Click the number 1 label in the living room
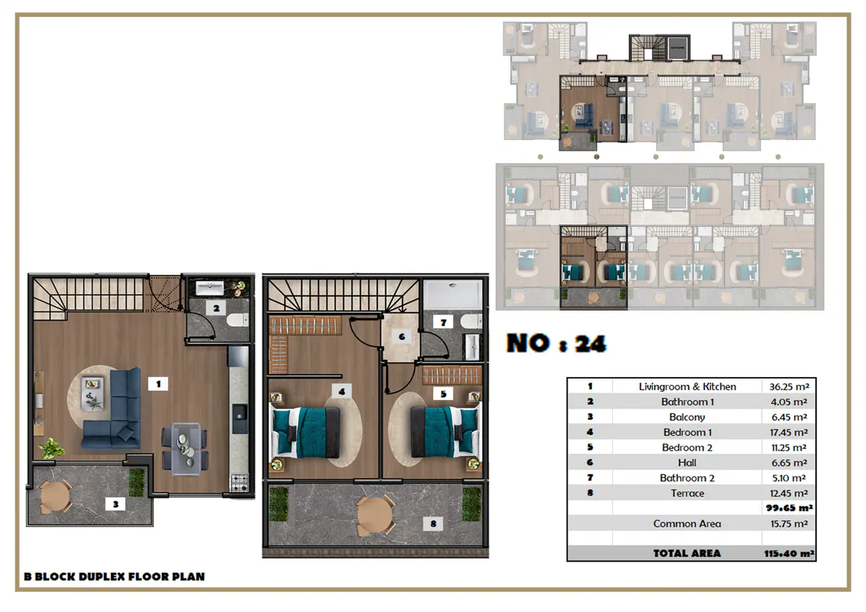158,383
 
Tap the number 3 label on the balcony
116,503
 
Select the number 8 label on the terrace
433,523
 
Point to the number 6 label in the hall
402,337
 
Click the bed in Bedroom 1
305,432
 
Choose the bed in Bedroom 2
445,432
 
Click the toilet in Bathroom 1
237,320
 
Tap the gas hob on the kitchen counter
239,482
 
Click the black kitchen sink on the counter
239,418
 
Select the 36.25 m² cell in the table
789,386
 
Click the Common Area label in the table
687,523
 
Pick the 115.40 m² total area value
789,553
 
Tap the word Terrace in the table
688,493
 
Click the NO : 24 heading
557,343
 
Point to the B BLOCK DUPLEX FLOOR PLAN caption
114,577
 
